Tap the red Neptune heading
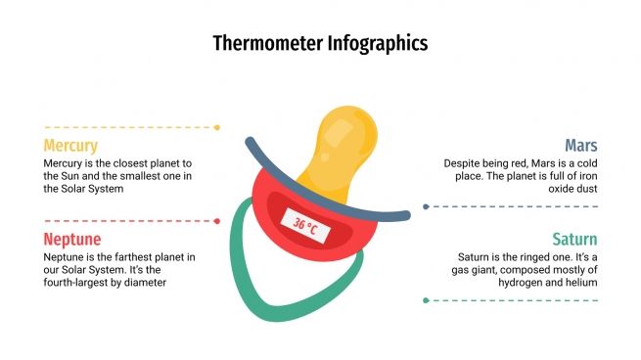click(72, 240)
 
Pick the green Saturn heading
click(574, 240)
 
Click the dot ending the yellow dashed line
click(217, 127)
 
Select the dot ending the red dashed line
click(217, 221)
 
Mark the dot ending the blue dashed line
click(426, 206)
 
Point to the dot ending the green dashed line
click(426, 300)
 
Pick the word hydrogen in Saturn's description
click(514, 283)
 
